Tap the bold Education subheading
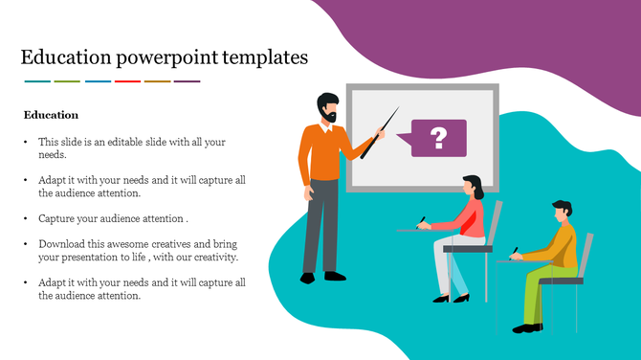click(x=51, y=115)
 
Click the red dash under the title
click(x=127, y=81)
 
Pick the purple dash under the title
click(x=188, y=81)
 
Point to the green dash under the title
click(x=67, y=81)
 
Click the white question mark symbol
click(x=439, y=138)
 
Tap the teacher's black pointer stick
click(x=377, y=134)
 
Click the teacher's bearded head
click(x=327, y=107)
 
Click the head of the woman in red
click(x=472, y=186)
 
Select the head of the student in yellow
click(x=562, y=210)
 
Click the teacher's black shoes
click(x=320, y=278)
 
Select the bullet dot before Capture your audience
click(x=26, y=218)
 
